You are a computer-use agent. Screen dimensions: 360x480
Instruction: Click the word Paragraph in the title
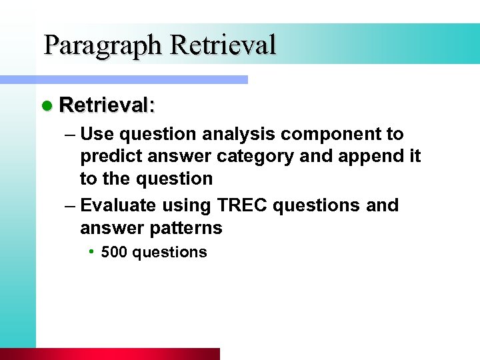[x=103, y=45]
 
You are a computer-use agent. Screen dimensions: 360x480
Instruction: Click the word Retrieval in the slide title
[x=223, y=45]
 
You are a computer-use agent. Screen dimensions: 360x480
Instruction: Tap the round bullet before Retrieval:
[x=46, y=105]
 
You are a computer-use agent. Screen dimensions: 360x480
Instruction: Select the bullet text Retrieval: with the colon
[x=107, y=105]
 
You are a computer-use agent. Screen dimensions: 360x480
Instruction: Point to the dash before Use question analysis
[x=69, y=134]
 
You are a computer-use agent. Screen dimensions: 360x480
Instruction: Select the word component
[x=331, y=134]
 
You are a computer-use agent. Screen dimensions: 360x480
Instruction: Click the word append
[x=374, y=156]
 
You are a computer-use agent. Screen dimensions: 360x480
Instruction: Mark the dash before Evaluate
[x=69, y=205]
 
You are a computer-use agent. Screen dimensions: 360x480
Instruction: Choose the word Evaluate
[x=119, y=205]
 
